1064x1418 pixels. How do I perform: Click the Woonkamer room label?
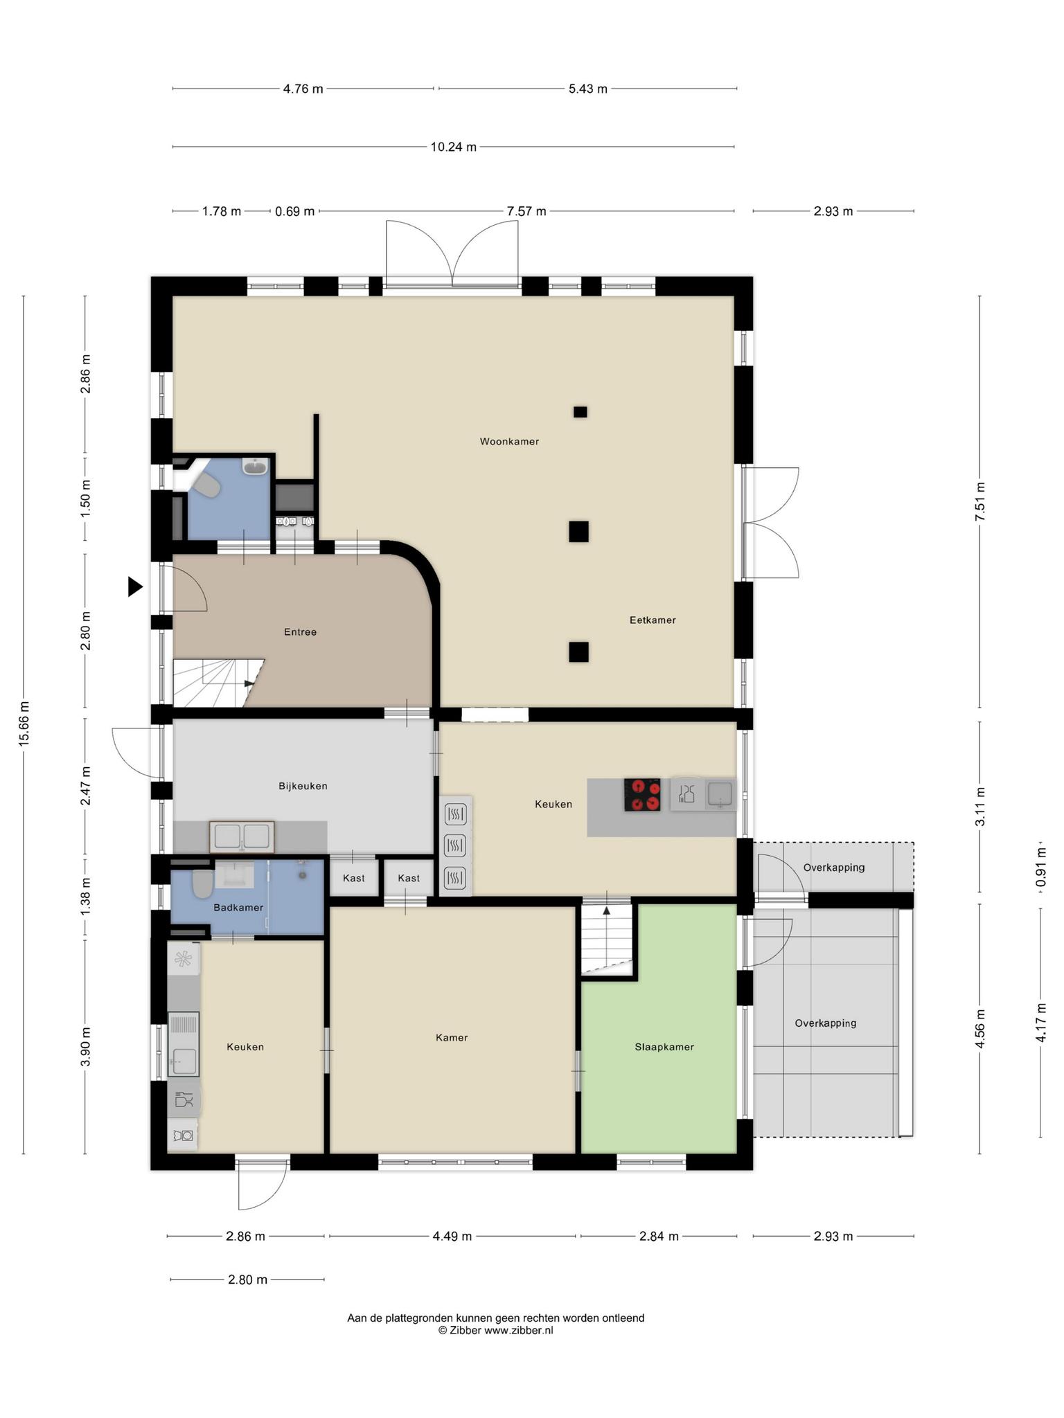pyautogui.click(x=509, y=441)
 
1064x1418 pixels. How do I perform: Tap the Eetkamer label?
pyautogui.click(x=653, y=620)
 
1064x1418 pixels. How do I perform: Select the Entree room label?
pyautogui.click(x=300, y=631)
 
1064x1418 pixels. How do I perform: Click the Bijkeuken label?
pyautogui.click(x=303, y=786)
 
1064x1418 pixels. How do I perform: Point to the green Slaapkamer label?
pyautogui.click(x=664, y=1047)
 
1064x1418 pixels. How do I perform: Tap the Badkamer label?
pyautogui.click(x=238, y=907)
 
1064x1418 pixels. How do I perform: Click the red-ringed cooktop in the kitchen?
pyautogui.click(x=642, y=794)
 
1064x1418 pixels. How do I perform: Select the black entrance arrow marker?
pyautogui.click(x=135, y=587)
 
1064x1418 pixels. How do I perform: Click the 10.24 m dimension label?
pyautogui.click(x=454, y=147)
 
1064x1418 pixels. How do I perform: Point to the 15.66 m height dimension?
pyautogui.click(x=24, y=724)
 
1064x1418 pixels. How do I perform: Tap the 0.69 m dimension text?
pyautogui.click(x=295, y=211)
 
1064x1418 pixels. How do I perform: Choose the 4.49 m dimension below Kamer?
pyautogui.click(x=452, y=1236)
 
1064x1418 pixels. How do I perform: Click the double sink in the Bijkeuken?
pyautogui.click(x=242, y=837)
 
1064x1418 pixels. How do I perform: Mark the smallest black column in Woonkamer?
pyautogui.click(x=580, y=412)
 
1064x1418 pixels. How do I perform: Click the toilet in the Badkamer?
pyautogui.click(x=203, y=884)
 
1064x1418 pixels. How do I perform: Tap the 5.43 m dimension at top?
pyautogui.click(x=588, y=89)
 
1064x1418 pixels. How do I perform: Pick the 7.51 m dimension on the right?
pyautogui.click(x=979, y=501)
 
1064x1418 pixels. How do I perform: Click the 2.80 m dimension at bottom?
pyautogui.click(x=247, y=1280)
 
